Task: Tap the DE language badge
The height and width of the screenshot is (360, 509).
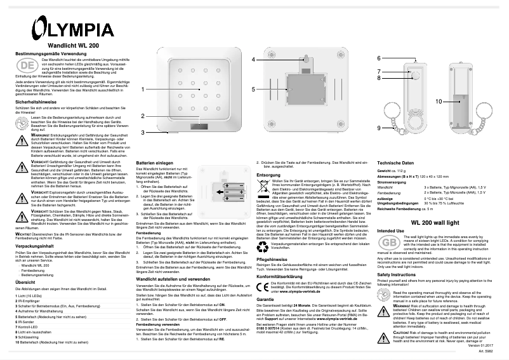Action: click(25, 66)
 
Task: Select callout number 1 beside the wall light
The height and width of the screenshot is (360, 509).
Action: click(143, 89)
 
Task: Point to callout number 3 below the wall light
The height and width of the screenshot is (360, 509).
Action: click(143, 132)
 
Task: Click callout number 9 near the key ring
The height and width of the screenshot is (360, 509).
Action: click(379, 128)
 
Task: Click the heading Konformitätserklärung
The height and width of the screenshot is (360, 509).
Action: click(279, 276)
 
